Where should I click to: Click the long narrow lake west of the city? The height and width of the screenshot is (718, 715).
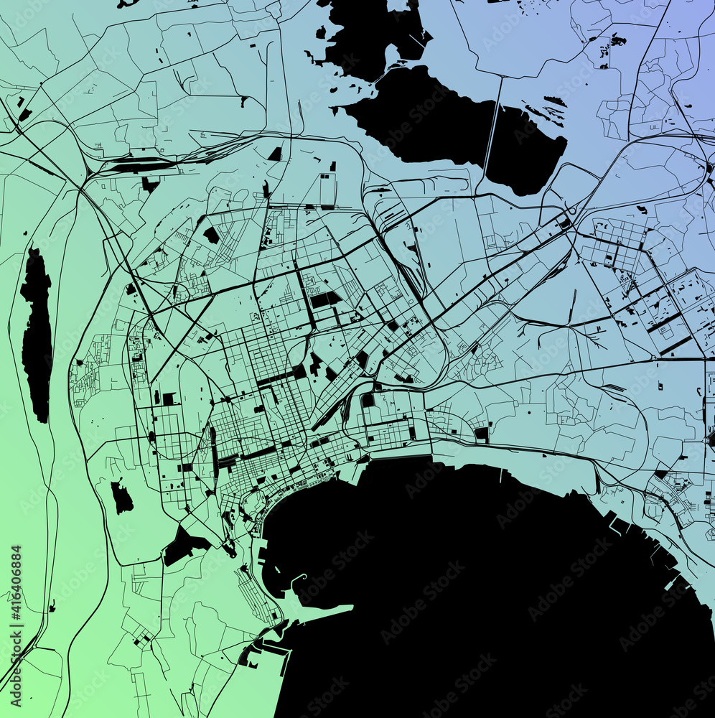pos(36,334)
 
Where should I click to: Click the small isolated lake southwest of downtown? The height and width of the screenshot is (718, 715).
pos(121,497)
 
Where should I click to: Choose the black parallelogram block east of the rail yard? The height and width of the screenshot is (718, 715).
pos(276,154)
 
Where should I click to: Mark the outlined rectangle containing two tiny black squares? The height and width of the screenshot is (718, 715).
pos(327,188)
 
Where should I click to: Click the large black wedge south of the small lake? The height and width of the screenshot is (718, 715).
pos(183,546)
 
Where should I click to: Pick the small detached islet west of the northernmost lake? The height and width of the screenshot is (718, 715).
pos(320,32)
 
